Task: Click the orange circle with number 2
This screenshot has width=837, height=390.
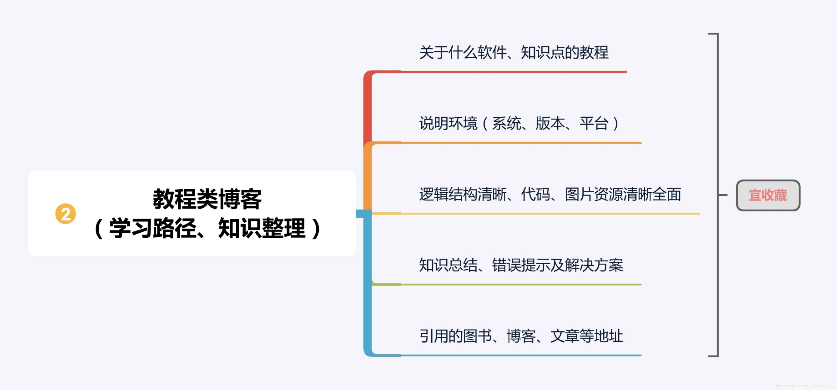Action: (x=65, y=214)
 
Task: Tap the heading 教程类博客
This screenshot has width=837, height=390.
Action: (x=207, y=199)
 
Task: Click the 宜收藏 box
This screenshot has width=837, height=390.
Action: (x=768, y=195)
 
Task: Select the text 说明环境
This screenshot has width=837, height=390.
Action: (x=448, y=123)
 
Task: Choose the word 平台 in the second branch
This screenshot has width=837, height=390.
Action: (x=594, y=123)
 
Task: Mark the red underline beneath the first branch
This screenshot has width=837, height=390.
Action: (x=513, y=72)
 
